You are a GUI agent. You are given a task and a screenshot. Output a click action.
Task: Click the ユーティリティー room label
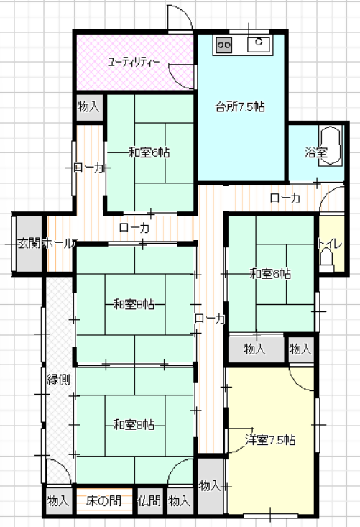134,62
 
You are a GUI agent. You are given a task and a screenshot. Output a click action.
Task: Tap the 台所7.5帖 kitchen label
240,107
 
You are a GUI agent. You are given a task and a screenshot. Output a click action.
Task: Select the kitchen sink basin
259,44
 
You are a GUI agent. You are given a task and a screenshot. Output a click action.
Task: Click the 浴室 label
316,152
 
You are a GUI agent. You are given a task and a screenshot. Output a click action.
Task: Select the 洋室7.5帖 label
271,439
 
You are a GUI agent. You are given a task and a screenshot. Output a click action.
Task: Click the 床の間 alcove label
103,501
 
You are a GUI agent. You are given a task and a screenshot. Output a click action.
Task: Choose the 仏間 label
149,501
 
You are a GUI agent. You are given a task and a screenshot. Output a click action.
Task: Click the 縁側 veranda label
58,380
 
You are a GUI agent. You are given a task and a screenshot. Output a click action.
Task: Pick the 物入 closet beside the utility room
88,107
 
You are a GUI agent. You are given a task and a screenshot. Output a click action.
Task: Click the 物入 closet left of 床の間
58,501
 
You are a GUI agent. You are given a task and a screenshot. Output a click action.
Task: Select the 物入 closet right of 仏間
179,501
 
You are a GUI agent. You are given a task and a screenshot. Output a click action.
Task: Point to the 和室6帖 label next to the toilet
270,274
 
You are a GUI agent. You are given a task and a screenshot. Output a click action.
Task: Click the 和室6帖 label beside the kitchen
149,152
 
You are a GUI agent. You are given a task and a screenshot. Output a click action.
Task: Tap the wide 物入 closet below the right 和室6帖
256,349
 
